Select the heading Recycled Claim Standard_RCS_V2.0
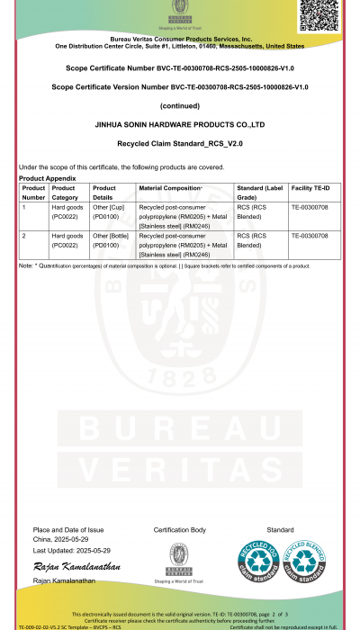click(x=180, y=144)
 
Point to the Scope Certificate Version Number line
click(x=180, y=87)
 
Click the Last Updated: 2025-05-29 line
click(x=72, y=550)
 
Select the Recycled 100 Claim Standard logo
click(x=255, y=559)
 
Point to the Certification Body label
click(x=180, y=530)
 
